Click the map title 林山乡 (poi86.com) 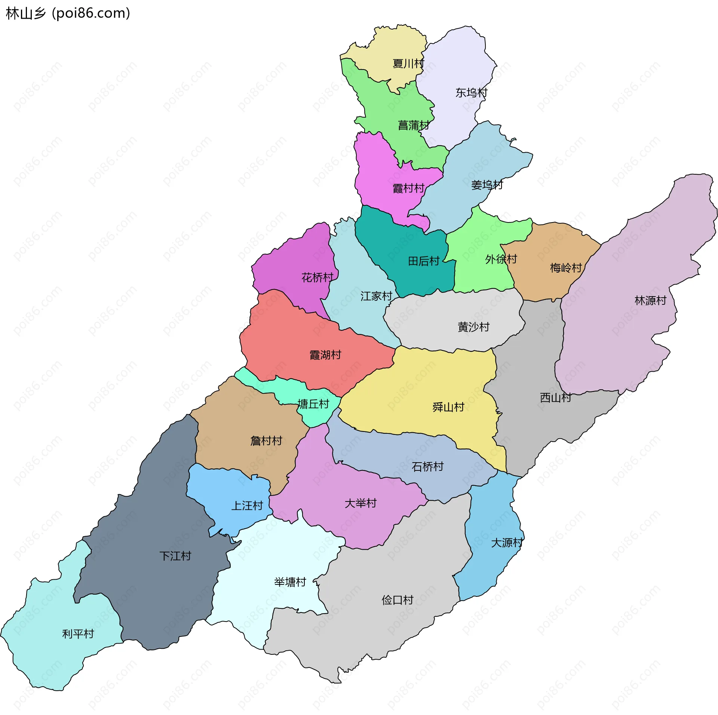click(68, 13)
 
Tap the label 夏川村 click(408, 64)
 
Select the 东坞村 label click(471, 93)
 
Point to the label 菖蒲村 click(413, 125)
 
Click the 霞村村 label click(408, 188)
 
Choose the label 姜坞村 click(487, 185)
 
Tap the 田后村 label click(423, 261)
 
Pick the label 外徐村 click(501, 259)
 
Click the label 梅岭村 click(566, 268)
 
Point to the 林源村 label click(650, 300)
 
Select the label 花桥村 click(317, 277)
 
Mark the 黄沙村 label click(473, 327)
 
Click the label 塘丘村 click(313, 404)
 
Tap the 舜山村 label click(448, 407)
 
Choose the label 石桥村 click(427, 467)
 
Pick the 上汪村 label click(247, 506)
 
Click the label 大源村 click(506, 543)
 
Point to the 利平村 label click(78, 634)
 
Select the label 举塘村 click(290, 582)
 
